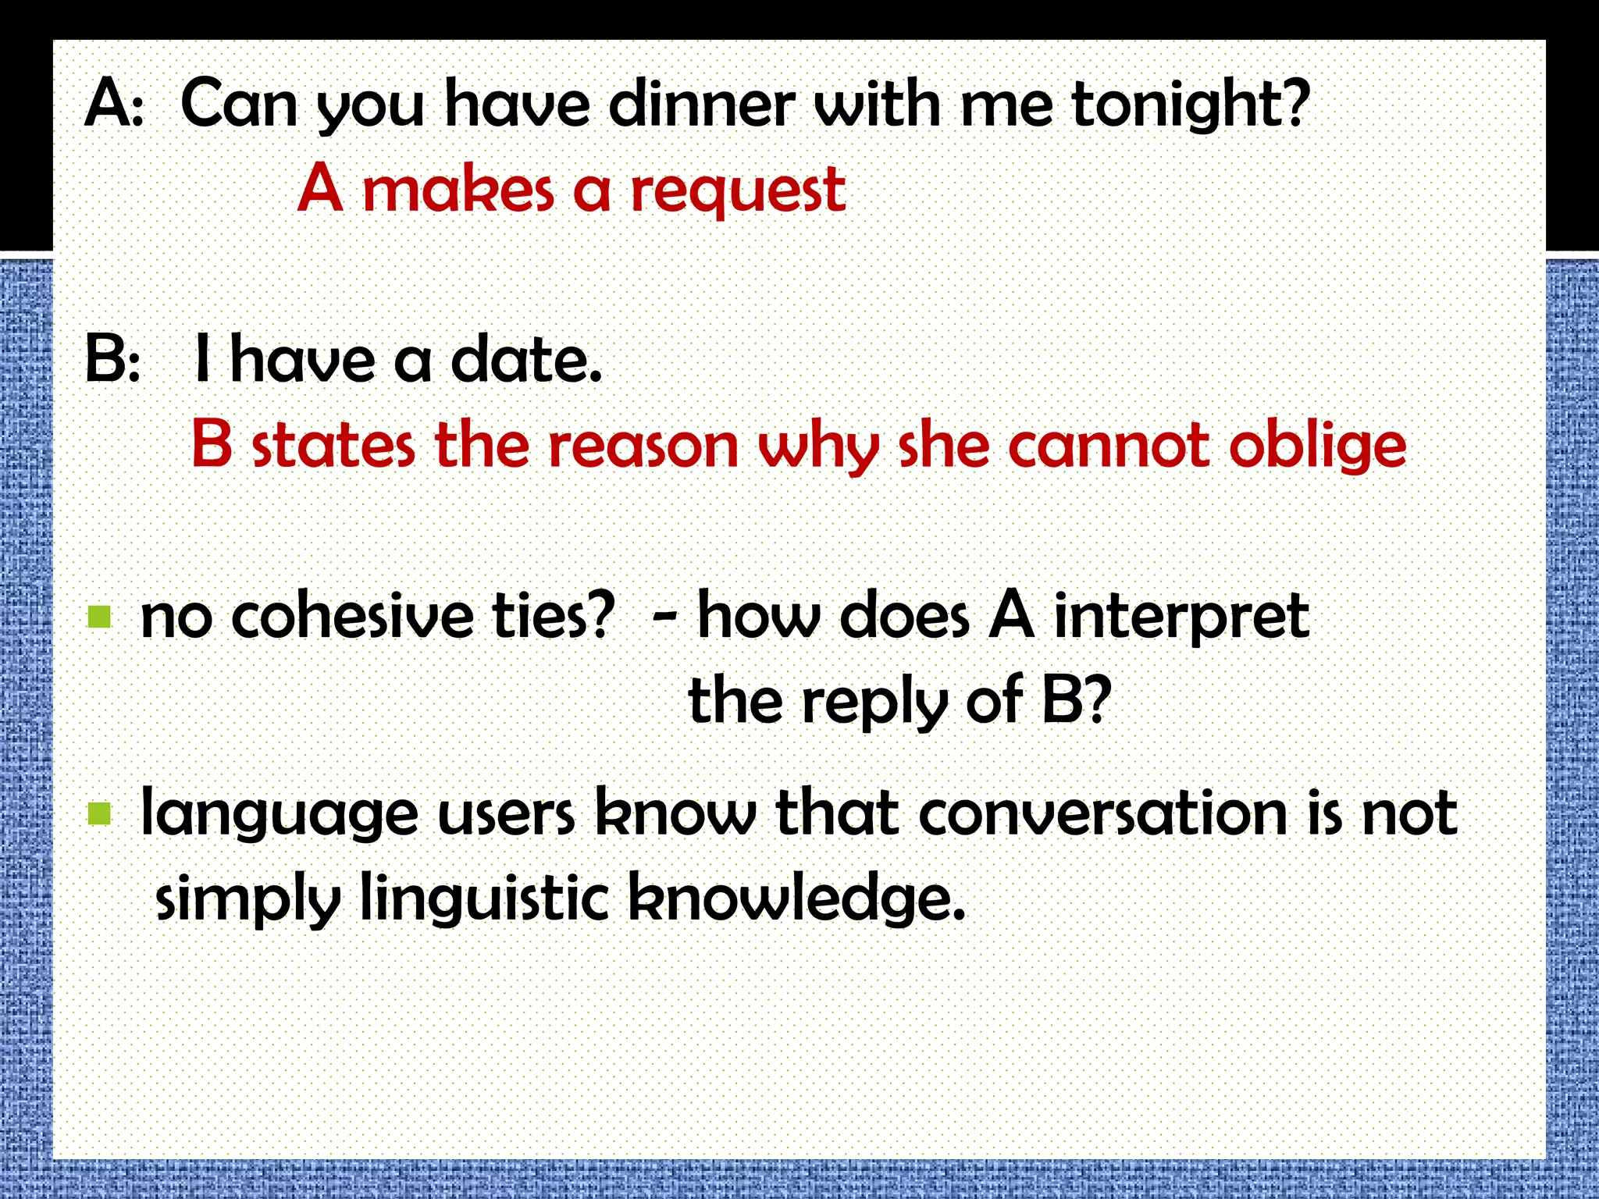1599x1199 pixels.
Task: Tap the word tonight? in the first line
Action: pyautogui.click(x=1190, y=105)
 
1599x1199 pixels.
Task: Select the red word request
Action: pyautogui.click(x=738, y=191)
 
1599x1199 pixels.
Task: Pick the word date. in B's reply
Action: pyautogui.click(x=526, y=360)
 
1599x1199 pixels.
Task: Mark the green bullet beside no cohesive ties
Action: pyautogui.click(x=100, y=617)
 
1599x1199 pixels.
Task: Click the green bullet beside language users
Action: pyautogui.click(x=100, y=813)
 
